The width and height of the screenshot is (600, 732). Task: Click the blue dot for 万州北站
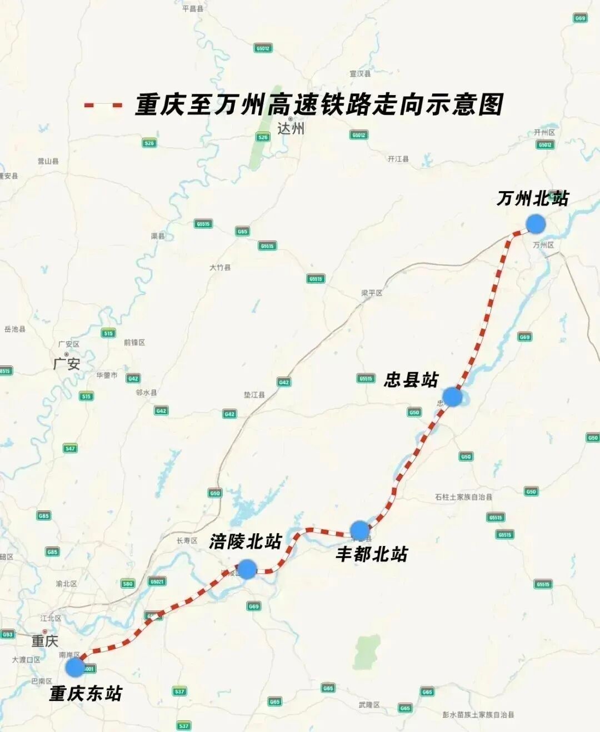pyautogui.click(x=536, y=224)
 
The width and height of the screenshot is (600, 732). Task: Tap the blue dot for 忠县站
pyautogui.click(x=452, y=397)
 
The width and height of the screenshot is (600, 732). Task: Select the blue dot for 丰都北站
pyautogui.click(x=359, y=530)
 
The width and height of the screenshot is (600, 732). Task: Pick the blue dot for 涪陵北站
pyautogui.click(x=247, y=569)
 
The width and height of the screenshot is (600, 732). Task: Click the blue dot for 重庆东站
pyautogui.click(x=74, y=667)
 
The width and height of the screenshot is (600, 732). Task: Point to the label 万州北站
pyautogui.click(x=532, y=198)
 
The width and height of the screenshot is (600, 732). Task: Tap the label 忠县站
pyautogui.click(x=411, y=380)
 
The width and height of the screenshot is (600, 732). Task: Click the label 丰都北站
pyautogui.click(x=372, y=554)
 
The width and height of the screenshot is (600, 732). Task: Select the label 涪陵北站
pyautogui.click(x=246, y=542)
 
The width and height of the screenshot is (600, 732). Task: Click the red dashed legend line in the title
pyautogui.click(x=102, y=105)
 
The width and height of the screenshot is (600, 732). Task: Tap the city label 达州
pyautogui.click(x=291, y=128)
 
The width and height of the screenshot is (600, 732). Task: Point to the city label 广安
pyautogui.click(x=67, y=364)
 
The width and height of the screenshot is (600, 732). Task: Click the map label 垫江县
pyautogui.click(x=254, y=395)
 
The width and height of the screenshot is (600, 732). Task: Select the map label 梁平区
pyautogui.click(x=372, y=293)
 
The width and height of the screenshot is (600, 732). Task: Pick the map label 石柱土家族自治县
pyautogui.click(x=463, y=497)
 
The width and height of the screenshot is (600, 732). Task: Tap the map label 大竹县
pyautogui.click(x=220, y=267)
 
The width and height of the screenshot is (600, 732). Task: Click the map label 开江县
pyautogui.click(x=398, y=159)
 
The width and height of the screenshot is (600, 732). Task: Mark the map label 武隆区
pyautogui.click(x=369, y=705)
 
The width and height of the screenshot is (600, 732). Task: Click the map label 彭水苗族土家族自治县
pyautogui.click(x=478, y=715)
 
